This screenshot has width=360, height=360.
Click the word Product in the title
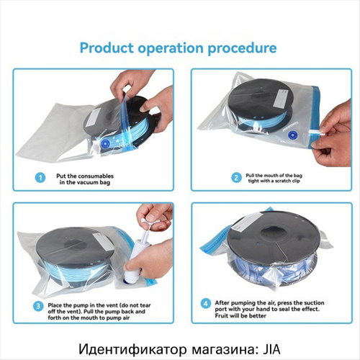pos(107,48)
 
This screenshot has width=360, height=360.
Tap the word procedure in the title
pos(242,49)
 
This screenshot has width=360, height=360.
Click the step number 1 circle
pos(40,178)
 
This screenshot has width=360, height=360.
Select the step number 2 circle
pos(236,178)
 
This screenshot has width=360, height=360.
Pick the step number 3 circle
pos(38,307)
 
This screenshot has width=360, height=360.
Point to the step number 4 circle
pos(206,304)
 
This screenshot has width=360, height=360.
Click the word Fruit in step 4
pos(222,315)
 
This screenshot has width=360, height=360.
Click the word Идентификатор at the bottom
pos(132,349)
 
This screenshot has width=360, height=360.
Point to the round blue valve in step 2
pos(292,135)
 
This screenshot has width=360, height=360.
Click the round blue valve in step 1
pos(105,144)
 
